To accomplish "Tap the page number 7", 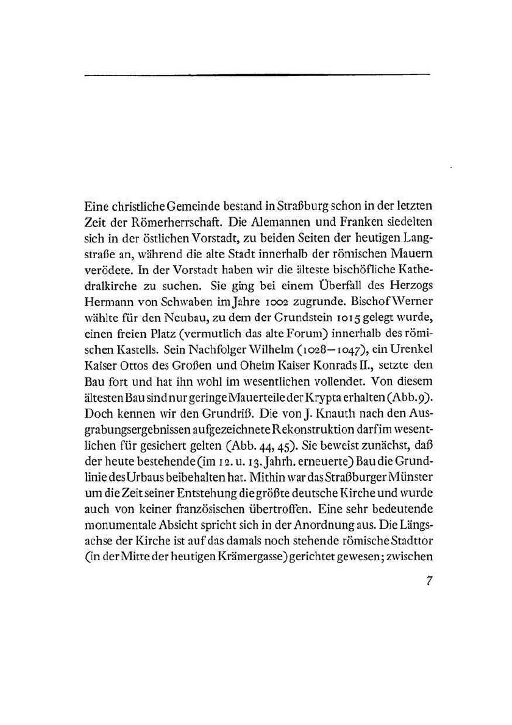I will (429, 581).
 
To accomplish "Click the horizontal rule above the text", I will (256, 74).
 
